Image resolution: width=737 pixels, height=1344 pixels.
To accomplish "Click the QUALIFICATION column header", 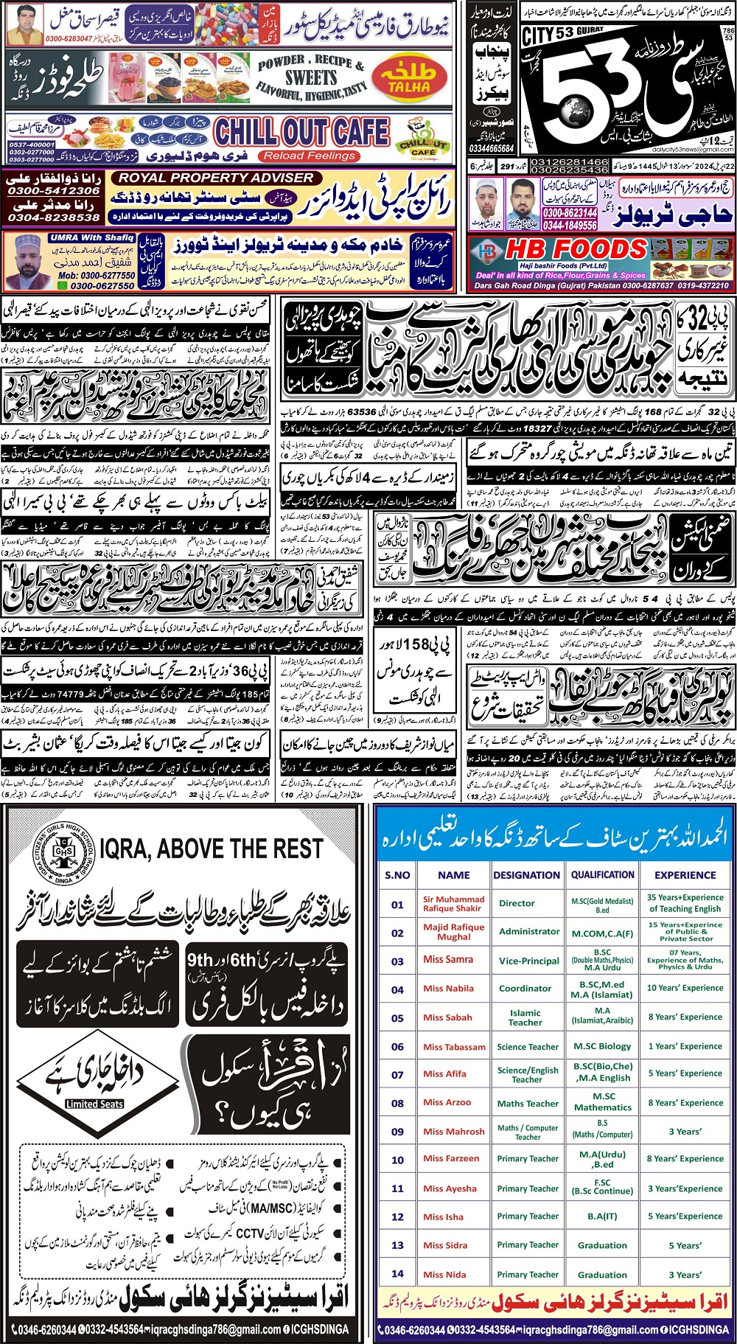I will tap(602, 874).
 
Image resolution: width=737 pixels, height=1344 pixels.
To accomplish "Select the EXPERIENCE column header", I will tap(685, 875).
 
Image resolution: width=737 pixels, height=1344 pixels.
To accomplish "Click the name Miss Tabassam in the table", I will tap(454, 1046).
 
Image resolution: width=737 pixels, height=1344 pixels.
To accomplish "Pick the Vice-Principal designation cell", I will tap(528, 961).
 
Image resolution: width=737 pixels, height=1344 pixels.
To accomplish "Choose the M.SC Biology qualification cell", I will tap(602, 1046).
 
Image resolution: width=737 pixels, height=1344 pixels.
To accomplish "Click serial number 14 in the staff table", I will tap(397, 1273).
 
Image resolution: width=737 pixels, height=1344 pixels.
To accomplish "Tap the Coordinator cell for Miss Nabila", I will tap(525, 988).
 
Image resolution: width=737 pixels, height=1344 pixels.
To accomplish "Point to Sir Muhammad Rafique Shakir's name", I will tap(453, 903).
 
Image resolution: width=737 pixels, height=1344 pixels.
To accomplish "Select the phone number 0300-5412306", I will tap(53, 191).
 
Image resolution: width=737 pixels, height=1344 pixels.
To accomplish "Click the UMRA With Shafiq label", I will tap(91, 237).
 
